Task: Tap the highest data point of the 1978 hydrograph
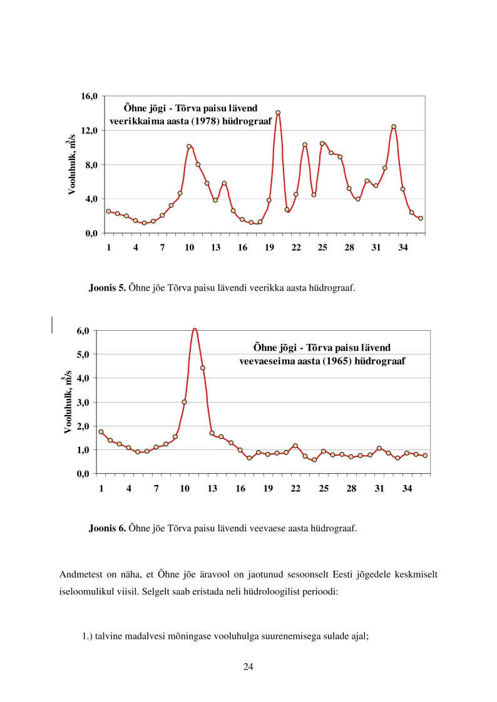[278, 113]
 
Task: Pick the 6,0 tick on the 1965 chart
[84, 330]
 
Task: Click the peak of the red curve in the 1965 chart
[195, 328]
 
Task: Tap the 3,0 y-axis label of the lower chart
[84, 402]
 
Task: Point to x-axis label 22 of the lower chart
[295, 488]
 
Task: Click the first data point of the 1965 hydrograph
[101, 432]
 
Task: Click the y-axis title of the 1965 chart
[67, 403]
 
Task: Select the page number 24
[248, 666]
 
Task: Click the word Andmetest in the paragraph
[79, 574]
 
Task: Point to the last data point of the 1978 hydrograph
[421, 218]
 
